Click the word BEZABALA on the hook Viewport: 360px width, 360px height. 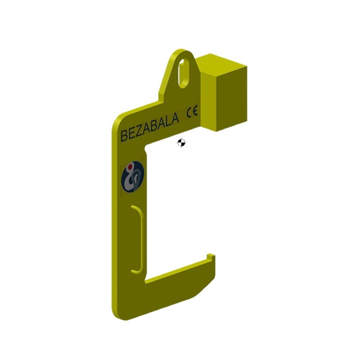tap(150, 127)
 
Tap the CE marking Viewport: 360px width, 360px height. tap(192, 112)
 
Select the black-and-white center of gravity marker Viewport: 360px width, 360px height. tap(181, 143)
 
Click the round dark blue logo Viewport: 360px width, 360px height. tap(133, 176)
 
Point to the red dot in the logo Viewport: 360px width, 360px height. tap(130, 167)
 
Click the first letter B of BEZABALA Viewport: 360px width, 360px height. tap(124, 136)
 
